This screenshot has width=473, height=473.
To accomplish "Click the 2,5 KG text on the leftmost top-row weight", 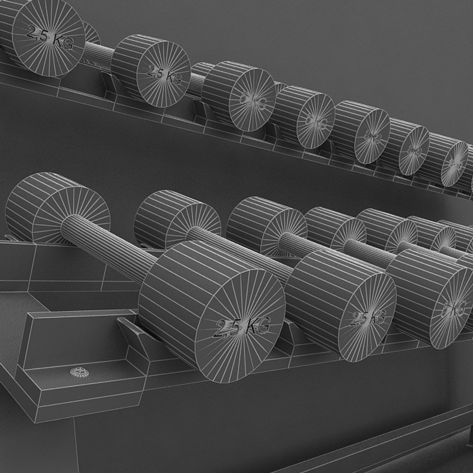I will [x=49, y=37].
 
